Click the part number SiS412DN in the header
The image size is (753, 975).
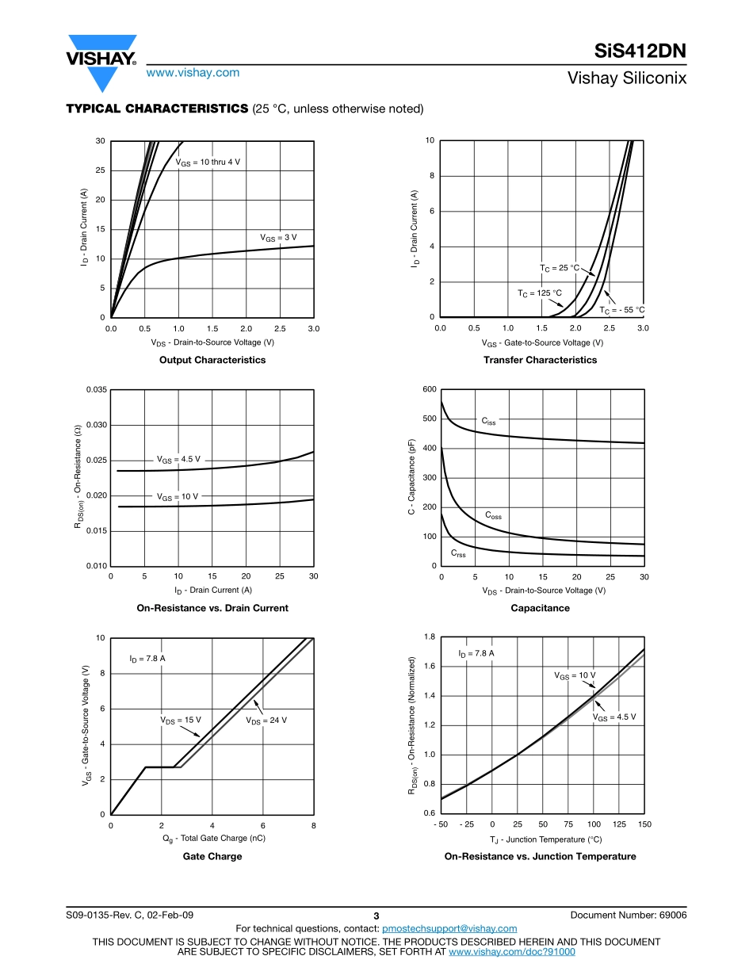(640, 52)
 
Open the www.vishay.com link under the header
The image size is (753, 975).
(193, 72)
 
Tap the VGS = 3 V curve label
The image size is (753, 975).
(278, 237)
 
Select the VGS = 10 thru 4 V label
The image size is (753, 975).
(208, 162)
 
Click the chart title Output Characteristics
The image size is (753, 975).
(212, 360)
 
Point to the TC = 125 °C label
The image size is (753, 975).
(540, 293)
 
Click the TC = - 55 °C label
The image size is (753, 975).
(621, 310)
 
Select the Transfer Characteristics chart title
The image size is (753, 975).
(541, 360)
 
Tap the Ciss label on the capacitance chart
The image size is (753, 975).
(489, 422)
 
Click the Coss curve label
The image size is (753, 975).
(493, 515)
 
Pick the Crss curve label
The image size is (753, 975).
(458, 553)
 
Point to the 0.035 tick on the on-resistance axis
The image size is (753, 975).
(94, 390)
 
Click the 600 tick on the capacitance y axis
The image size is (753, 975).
(430, 389)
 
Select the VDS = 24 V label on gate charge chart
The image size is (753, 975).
(266, 720)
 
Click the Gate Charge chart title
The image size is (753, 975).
(212, 856)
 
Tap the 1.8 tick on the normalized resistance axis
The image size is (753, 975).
(429, 637)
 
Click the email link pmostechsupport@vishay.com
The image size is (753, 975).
(449, 928)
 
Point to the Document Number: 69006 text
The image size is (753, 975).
(628, 915)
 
